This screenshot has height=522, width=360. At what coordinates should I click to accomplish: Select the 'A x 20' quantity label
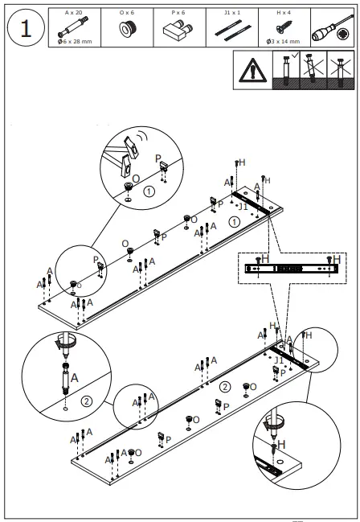pos(72,13)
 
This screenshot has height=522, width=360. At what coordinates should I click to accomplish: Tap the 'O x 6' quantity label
pos(126,13)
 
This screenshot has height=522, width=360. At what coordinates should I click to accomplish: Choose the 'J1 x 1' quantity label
pos(231,13)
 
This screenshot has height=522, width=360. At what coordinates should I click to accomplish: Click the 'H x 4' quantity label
pos(284,13)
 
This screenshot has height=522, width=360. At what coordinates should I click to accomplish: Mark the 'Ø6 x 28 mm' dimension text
pos(72,42)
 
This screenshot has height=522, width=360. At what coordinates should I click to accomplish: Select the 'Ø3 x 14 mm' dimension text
pos(284,42)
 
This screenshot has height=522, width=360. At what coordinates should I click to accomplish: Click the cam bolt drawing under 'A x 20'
pos(72,27)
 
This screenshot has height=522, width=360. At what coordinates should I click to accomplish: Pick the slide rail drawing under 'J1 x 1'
pos(231,28)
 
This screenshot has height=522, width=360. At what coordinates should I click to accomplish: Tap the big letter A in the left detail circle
pos(75,376)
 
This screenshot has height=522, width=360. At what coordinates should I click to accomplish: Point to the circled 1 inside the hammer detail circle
pos(149,191)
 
